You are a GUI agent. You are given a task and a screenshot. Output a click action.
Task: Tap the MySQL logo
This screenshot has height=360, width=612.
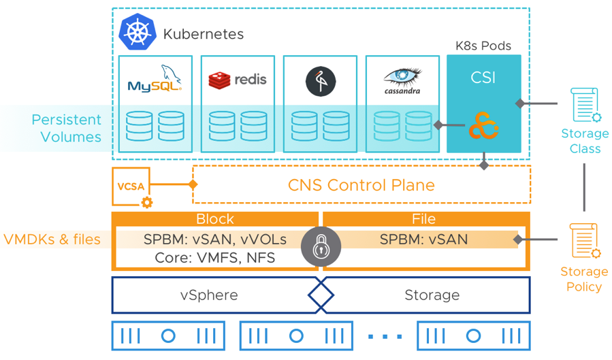coord(155,80)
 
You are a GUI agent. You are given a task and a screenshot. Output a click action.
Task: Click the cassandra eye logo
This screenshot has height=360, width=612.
coord(402,80)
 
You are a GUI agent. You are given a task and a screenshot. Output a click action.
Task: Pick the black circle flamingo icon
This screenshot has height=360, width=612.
coord(320,81)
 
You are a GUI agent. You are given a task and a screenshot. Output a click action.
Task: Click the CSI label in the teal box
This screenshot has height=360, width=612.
coord(483,77)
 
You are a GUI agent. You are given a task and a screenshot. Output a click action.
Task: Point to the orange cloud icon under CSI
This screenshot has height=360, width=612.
coord(483,127)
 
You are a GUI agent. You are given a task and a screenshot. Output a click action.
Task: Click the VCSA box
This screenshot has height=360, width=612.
coord(130,186)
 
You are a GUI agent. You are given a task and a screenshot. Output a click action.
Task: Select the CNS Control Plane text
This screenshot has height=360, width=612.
coord(361,185)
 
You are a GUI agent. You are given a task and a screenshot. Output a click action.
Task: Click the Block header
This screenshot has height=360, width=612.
coord(215,219)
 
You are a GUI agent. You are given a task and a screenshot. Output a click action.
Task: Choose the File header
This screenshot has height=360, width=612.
coord(424,219)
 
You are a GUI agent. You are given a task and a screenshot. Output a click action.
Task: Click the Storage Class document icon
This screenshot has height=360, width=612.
coord(584,106)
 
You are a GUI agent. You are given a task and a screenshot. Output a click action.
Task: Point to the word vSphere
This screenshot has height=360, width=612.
coord(209,295)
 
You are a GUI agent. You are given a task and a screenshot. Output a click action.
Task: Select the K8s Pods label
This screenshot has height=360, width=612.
coord(483,46)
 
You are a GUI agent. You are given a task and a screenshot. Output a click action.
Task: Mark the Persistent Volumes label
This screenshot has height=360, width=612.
coord(66,128)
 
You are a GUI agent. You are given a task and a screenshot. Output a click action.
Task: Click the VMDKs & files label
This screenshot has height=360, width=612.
coord(52,240)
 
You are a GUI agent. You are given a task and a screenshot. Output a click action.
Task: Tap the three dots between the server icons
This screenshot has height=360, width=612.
coord(385,336)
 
